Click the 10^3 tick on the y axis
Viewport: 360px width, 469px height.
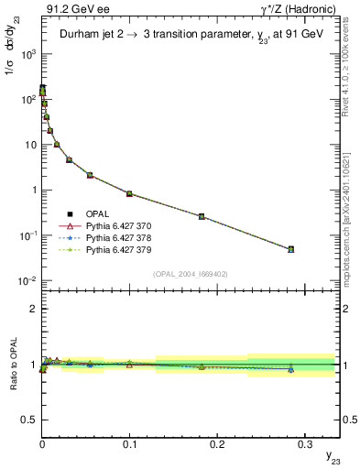[x=27, y=54]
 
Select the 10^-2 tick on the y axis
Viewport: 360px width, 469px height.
[x=27, y=280]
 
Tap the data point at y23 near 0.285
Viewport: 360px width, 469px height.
[x=290, y=249]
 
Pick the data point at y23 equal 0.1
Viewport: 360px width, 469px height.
[x=130, y=193]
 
